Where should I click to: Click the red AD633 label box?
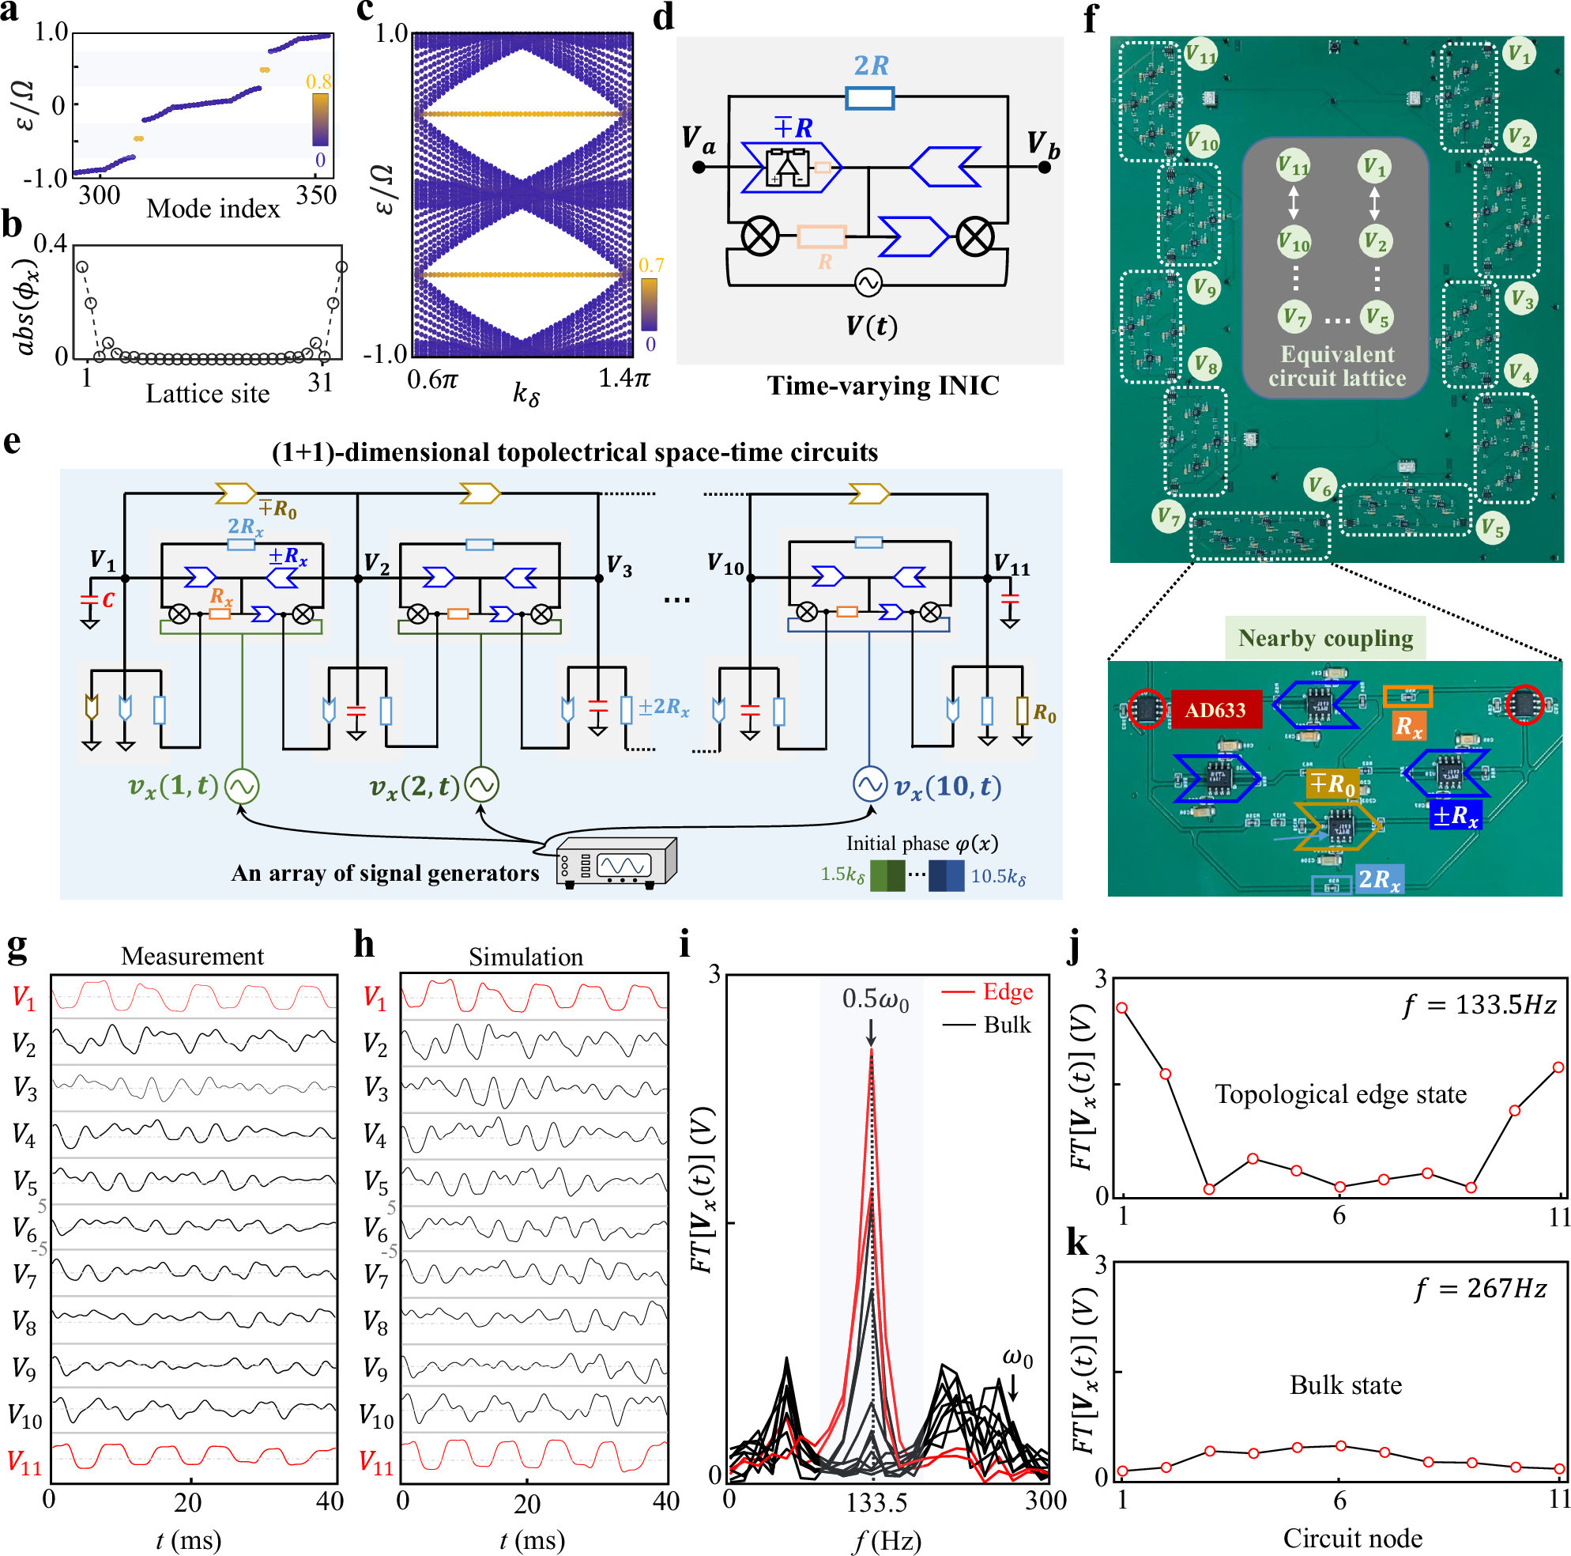(1215, 709)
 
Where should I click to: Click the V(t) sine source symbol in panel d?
(868, 282)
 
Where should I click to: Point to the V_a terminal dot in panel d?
(699, 168)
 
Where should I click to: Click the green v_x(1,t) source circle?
(243, 786)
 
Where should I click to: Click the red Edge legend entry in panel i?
(987, 991)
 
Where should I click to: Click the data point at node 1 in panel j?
(1122, 1008)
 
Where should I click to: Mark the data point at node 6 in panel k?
(1339, 1445)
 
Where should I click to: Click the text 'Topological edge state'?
(1340, 1094)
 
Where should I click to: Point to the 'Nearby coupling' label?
(1325, 638)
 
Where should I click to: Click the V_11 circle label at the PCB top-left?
(1200, 55)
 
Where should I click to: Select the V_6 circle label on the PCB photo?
(1319, 487)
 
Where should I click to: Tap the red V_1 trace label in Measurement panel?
(24, 998)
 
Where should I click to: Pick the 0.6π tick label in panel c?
(432, 379)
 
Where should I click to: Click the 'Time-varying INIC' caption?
(883, 385)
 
